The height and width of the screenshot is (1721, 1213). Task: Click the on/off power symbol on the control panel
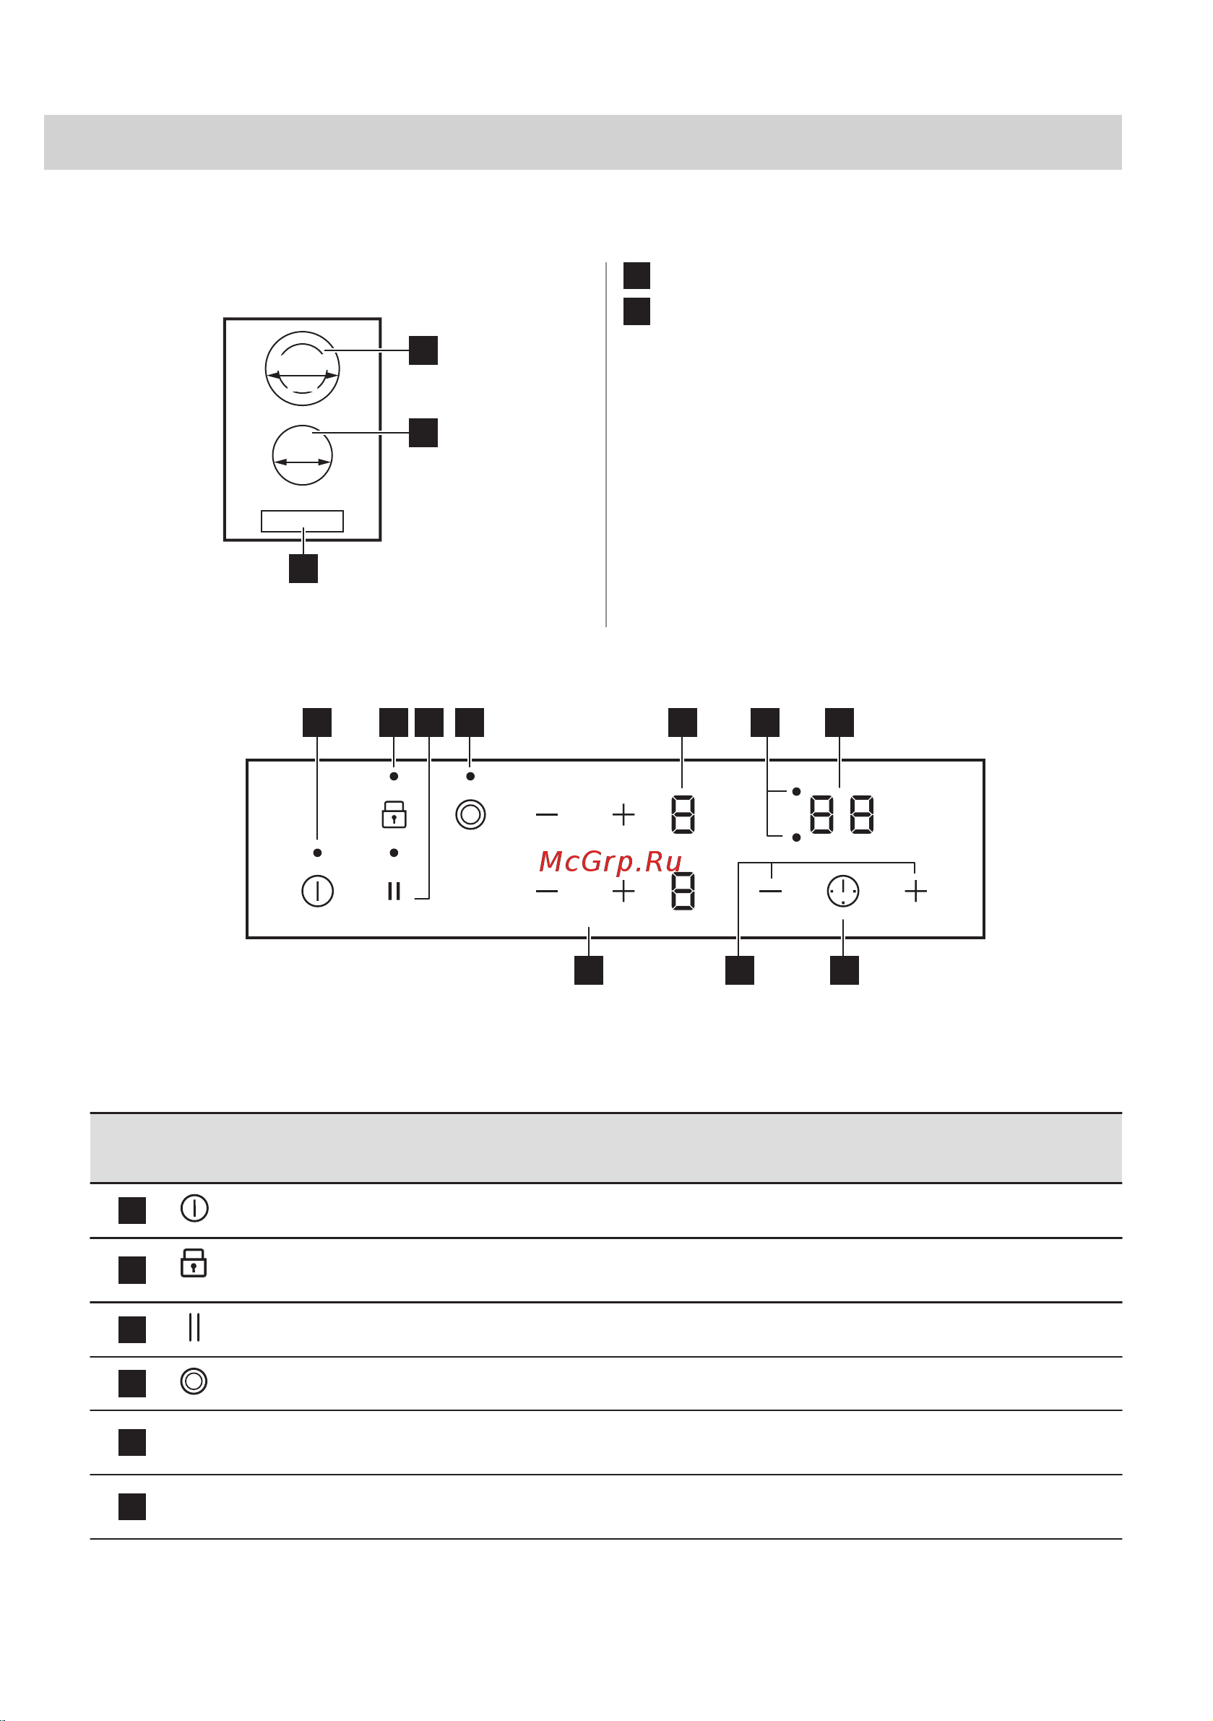click(317, 892)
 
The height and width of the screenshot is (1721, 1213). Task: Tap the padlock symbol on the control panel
click(394, 814)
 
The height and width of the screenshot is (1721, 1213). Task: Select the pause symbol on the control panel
click(394, 892)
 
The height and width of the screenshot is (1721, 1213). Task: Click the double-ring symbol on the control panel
click(471, 814)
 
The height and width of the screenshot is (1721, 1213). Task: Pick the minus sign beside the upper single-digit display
click(548, 814)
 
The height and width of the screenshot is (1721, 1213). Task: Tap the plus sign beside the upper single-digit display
click(623, 814)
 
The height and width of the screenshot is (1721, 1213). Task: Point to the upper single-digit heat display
click(683, 814)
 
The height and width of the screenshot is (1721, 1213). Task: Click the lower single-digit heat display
click(683, 892)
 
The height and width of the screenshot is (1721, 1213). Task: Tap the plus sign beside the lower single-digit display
click(623, 892)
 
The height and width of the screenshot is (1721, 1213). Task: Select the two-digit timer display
click(842, 814)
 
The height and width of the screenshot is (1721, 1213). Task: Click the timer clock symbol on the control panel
click(842, 892)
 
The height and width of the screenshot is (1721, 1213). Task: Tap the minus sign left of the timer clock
click(771, 892)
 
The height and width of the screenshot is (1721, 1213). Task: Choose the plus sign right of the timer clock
click(916, 892)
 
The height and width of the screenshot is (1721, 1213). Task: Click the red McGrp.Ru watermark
click(610, 862)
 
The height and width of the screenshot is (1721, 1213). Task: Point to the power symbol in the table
click(194, 1208)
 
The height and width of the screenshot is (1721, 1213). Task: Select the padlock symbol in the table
click(194, 1263)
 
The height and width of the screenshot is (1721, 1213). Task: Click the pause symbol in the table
click(194, 1327)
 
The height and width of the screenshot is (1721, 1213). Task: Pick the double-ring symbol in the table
click(194, 1381)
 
